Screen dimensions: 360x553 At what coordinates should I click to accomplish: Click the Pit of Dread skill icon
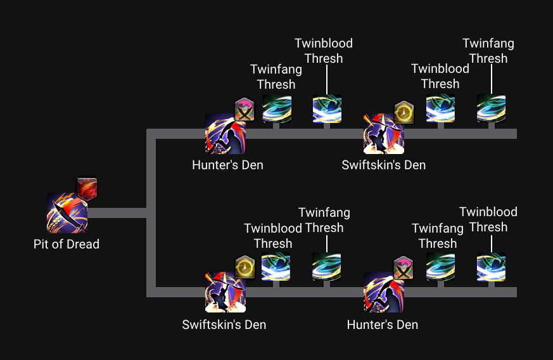[67, 213]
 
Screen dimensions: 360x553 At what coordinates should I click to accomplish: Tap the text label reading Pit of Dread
[67, 244]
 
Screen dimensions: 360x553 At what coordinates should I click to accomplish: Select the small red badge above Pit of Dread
[87, 188]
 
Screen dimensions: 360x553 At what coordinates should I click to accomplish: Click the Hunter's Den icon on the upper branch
[225, 134]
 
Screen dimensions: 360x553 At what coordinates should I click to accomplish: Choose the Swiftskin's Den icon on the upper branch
[383, 134]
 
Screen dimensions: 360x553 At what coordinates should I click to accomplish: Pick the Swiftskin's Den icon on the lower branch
[225, 292]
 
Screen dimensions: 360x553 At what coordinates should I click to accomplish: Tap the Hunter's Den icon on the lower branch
[383, 292]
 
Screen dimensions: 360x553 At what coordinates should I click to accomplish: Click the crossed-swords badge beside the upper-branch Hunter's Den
[245, 110]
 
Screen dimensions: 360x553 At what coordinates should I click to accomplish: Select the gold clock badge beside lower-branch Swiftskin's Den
[245, 267]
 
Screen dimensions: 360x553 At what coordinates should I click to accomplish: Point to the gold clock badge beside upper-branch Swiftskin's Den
[404, 112]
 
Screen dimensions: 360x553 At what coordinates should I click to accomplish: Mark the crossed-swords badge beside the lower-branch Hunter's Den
[403, 268]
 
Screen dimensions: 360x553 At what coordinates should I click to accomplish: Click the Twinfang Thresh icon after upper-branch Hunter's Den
[276, 108]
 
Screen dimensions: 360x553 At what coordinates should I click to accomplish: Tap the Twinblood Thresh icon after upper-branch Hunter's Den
[327, 108]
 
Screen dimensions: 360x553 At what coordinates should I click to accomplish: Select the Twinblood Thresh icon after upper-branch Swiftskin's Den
[440, 108]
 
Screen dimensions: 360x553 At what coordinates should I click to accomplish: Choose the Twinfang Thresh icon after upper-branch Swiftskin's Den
[491, 108]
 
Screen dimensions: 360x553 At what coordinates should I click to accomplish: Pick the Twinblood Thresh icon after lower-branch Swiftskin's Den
[276, 267]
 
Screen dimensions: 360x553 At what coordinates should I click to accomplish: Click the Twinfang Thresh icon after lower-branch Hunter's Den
[440, 267]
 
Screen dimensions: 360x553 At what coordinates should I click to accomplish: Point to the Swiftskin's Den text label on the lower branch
[224, 325]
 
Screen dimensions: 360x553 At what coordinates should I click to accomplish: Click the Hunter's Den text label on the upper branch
[227, 165]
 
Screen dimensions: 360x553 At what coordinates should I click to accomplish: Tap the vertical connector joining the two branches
[151, 213]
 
